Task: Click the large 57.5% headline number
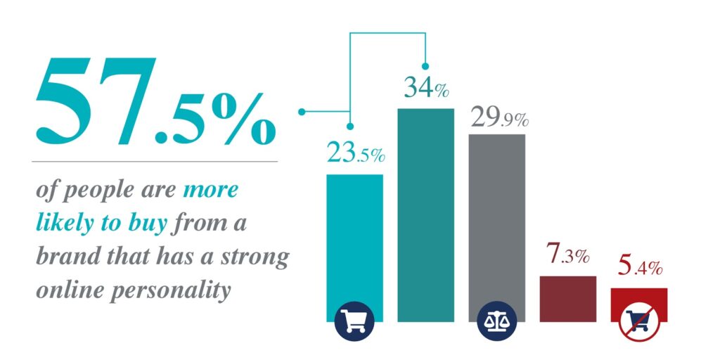coord(155,101)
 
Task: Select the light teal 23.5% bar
coord(354,248)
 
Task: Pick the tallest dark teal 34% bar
coord(425,215)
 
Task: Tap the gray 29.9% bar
coord(497,228)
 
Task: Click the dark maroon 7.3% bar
coord(568,299)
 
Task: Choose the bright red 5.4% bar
coord(639,305)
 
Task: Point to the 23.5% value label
coord(356,153)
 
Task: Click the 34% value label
coord(426,87)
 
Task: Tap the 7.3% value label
coord(568,255)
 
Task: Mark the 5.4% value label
coord(640,266)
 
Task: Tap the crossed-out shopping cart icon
coord(639,321)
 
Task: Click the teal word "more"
coord(210,191)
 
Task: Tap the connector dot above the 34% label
coord(425,65)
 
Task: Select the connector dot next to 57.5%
coord(302,112)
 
